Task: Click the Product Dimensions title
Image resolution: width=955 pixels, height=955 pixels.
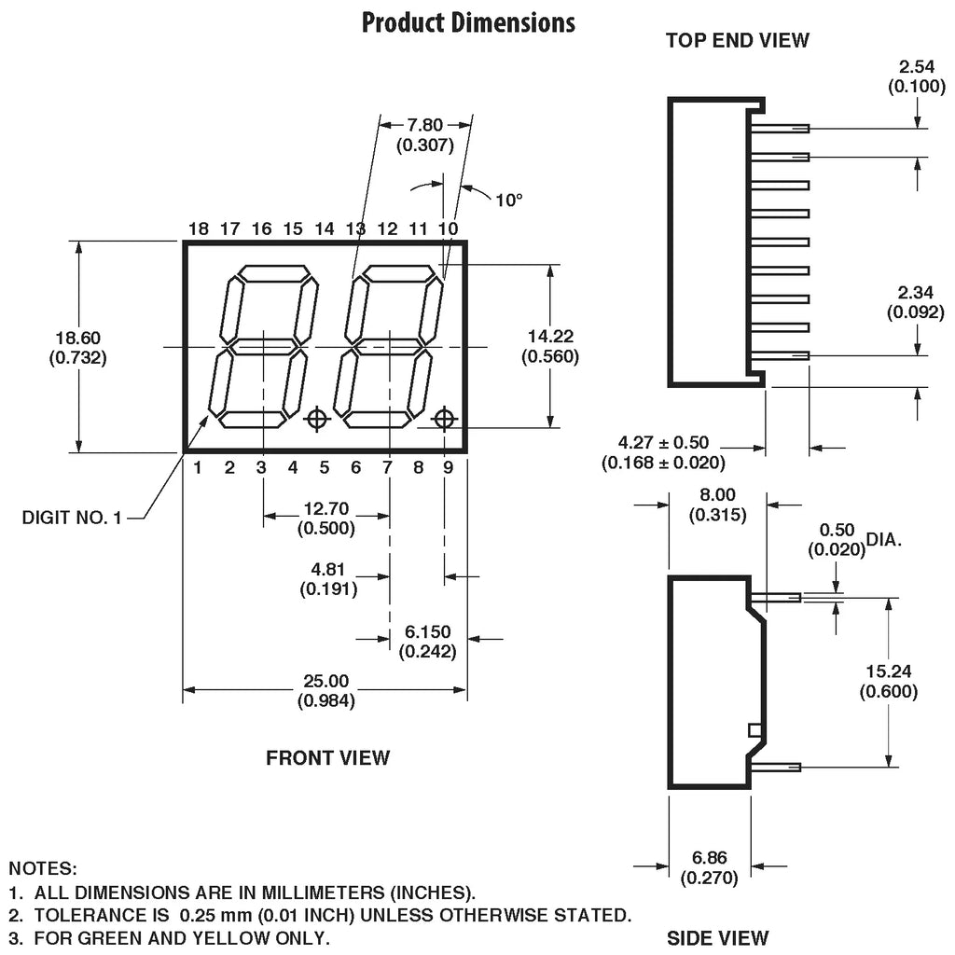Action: (468, 22)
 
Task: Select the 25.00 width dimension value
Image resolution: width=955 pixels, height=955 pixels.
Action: (325, 682)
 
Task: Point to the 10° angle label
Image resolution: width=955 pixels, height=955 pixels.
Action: (509, 199)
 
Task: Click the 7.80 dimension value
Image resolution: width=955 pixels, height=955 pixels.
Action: (425, 125)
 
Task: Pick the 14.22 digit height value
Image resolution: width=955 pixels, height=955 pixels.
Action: (550, 337)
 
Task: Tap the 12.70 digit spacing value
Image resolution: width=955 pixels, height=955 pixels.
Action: (325, 510)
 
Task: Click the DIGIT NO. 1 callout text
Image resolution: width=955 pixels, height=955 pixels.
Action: (72, 517)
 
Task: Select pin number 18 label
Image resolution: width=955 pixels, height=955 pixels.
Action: (198, 228)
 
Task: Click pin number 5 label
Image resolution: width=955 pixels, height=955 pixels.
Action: (325, 467)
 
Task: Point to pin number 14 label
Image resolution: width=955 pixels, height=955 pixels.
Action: (325, 228)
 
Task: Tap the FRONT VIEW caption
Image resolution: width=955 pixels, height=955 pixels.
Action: (328, 757)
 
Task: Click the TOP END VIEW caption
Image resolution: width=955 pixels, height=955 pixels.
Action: (738, 40)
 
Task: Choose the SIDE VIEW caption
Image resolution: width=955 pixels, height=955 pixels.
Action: (718, 937)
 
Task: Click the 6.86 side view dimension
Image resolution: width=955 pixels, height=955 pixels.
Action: (710, 858)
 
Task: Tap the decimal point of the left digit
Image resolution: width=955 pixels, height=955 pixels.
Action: (317, 419)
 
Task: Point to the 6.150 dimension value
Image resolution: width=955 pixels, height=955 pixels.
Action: (428, 632)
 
